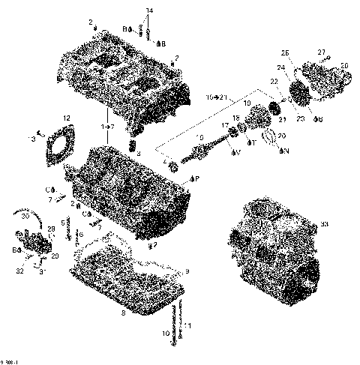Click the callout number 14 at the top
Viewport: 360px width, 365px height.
coord(148,10)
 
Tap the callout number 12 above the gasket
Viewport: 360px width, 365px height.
coord(66,118)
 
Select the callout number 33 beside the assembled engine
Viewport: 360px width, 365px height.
coord(325,224)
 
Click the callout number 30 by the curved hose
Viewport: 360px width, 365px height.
coord(24,216)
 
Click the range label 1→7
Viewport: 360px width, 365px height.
coord(109,128)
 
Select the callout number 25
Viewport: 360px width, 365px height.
coord(283,52)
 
